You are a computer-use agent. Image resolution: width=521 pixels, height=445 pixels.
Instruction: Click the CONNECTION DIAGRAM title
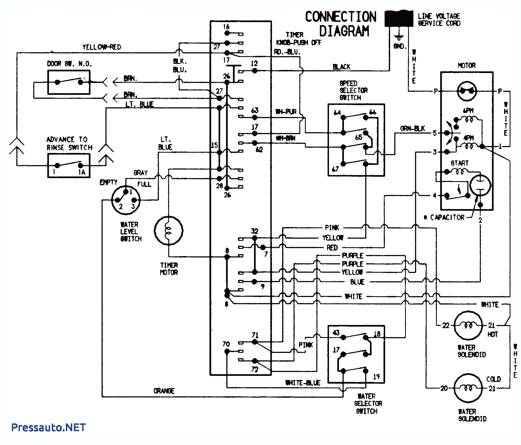[x=341, y=24]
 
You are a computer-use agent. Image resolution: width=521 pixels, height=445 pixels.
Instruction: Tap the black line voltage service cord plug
[x=398, y=19]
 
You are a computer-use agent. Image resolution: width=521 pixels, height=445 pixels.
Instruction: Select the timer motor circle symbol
[x=169, y=230]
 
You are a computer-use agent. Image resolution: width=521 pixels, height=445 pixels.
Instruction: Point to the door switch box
[x=69, y=82]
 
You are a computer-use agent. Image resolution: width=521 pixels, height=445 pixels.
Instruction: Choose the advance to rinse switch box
[x=69, y=165]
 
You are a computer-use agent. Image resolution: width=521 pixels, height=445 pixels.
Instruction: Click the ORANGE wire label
[x=164, y=391]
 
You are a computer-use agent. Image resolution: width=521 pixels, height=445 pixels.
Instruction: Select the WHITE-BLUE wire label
[x=303, y=383]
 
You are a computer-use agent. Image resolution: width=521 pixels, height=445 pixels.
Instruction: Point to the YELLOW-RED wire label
[x=102, y=47]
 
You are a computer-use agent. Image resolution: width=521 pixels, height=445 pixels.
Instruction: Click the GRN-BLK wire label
[x=412, y=129]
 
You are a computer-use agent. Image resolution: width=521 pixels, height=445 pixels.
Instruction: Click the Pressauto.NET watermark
[x=48, y=427]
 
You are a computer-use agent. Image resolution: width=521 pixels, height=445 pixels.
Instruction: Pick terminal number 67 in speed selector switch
[x=335, y=169]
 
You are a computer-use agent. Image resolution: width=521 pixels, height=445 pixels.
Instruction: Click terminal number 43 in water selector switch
[x=336, y=333]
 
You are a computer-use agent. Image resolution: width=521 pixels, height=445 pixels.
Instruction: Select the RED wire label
[x=332, y=248]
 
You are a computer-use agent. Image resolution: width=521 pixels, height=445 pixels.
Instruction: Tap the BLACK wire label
[x=341, y=67]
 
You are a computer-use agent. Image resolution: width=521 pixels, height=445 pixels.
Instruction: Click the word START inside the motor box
[x=460, y=163]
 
